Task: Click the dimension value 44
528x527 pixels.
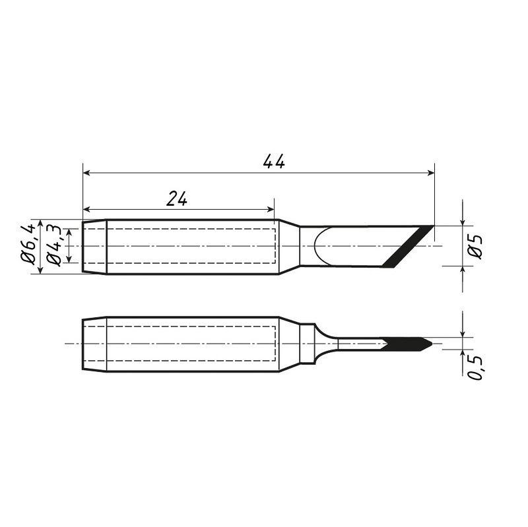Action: tap(273, 162)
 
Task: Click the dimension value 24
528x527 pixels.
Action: tap(176, 199)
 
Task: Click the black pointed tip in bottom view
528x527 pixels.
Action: tap(409, 344)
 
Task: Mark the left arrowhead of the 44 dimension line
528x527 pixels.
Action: tap(86, 173)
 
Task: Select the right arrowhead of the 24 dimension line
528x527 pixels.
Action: tap(270, 209)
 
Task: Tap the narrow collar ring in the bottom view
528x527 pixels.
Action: tap(307, 344)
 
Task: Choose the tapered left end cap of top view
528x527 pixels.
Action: tap(94, 247)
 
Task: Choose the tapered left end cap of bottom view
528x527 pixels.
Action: tap(94, 344)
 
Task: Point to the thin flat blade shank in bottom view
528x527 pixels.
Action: tap(360, 344)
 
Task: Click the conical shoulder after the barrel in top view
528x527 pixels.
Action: tap(289, 247)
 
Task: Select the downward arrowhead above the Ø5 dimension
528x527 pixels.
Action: tap(463, 222)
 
